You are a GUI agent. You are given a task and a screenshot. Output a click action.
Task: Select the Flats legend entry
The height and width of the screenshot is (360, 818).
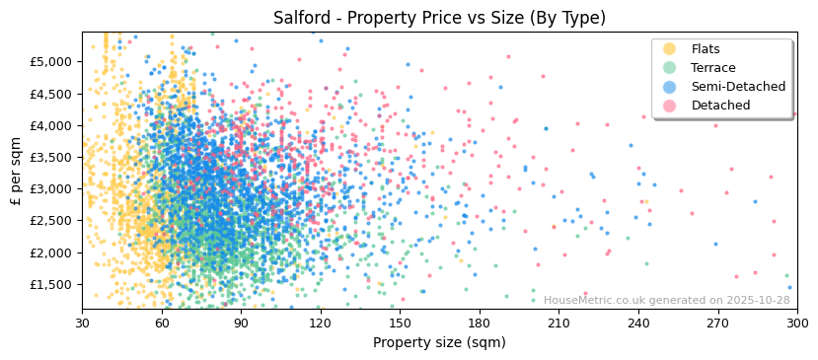coord(706,49)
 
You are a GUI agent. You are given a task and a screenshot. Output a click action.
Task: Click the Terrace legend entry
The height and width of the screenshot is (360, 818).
coord(713,68)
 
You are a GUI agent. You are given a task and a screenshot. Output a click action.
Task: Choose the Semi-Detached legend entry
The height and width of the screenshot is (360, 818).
coord(738,87)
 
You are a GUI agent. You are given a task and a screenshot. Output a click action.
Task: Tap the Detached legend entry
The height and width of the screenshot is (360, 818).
coord(720,106)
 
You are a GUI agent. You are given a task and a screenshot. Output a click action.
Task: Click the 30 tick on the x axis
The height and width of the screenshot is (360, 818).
coord(82,323)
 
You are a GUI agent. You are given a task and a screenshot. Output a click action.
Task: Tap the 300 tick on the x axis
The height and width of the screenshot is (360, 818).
coord(796,323)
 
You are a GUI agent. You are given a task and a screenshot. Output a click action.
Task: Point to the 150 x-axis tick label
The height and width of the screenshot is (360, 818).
coord(400,323)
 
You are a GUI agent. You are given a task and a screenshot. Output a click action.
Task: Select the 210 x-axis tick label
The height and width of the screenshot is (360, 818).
coord(558,323)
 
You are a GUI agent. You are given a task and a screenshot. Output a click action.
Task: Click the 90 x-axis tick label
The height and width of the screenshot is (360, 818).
coord(241,323)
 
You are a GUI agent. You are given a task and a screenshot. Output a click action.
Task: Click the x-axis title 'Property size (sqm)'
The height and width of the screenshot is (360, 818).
coord(439,342)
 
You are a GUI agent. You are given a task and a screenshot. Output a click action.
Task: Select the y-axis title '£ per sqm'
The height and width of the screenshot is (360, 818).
coord(16,172)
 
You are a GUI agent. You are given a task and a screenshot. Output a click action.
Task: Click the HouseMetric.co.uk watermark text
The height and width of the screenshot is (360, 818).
coord(666,301)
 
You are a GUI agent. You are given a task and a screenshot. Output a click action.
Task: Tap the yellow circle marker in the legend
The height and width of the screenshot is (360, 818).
coord(670,49)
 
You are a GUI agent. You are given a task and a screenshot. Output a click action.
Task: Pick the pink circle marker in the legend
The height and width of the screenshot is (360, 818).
coord(670,106)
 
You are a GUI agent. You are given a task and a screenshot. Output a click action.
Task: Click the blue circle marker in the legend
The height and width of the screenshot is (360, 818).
coord(670,87)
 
